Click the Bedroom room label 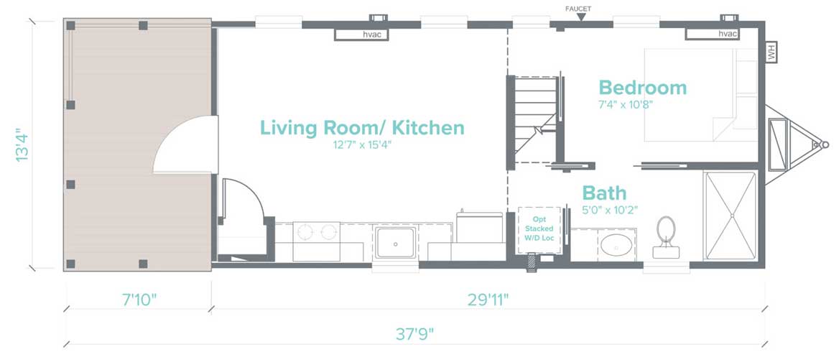[642, 87]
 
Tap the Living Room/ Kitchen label [362, 129]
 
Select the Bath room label [604, 193]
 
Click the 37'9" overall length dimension [414, 335]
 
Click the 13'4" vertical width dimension [22, 144]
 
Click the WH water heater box [771, 52]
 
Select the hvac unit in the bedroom [712, 34]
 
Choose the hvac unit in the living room [361, 34]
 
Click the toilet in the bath [666, 237]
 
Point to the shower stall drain [731, 216]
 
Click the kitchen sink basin [395, 243]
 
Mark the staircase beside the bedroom [536, 119]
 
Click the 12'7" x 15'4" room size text [362, 145]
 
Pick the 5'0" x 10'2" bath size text [610, 209]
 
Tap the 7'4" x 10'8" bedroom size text [626, 104]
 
